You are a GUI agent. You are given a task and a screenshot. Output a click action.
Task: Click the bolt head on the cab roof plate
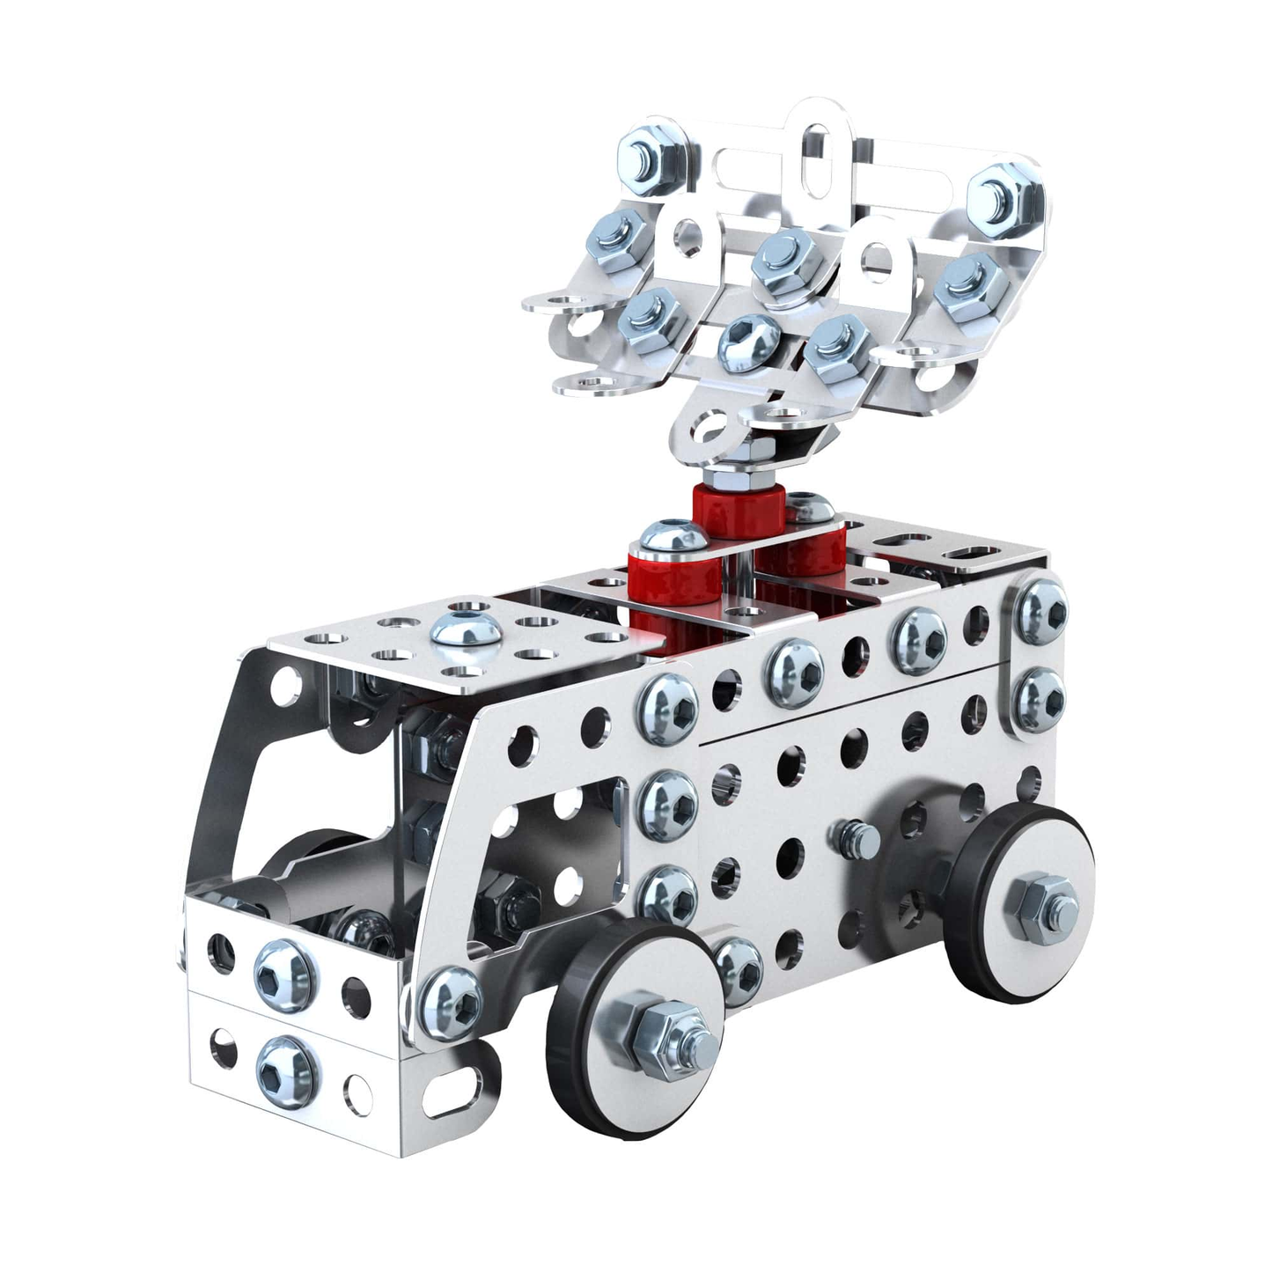(461, 633)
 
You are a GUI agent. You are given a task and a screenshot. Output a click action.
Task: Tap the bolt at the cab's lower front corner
(450, 1001)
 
